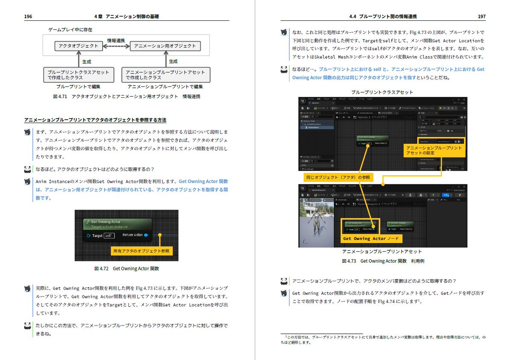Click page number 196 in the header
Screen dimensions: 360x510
pos(28,17)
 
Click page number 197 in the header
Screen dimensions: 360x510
pos(482,17)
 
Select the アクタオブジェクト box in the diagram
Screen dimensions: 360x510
pos(79,46)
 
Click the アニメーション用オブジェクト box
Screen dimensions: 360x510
pos(165,46)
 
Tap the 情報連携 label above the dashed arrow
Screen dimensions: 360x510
pos(116,40)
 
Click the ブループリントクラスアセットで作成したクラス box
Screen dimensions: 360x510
pos(79,75)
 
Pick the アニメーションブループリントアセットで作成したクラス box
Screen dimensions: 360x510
pos(166,75)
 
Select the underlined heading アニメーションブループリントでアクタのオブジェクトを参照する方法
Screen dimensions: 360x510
pos(95,120)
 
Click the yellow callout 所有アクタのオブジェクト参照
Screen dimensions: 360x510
pos(141,251)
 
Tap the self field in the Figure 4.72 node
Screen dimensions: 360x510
pos(109,235)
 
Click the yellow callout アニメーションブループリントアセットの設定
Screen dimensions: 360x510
pos(433,150)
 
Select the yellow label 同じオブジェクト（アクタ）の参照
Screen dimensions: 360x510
pos(337,177)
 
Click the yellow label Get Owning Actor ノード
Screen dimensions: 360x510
pos(371,238)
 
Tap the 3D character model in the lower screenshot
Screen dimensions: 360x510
pos(317,225)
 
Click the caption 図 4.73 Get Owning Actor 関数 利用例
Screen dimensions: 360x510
pos(382,261)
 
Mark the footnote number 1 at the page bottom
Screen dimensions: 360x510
pos(286,336)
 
